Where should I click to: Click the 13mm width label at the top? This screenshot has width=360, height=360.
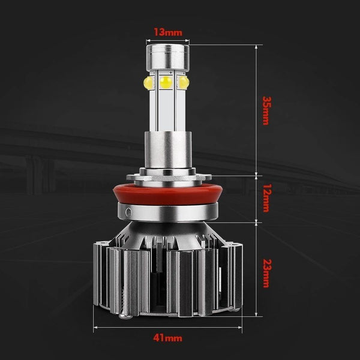167,32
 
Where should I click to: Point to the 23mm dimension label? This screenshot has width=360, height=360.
265,272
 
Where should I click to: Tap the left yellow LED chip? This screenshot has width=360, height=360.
148,82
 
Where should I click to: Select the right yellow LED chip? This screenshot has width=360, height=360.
184,82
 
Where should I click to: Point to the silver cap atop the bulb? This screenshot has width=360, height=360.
166,57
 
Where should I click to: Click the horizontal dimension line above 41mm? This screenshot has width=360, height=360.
168,328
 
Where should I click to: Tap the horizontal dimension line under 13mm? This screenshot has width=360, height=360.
167,41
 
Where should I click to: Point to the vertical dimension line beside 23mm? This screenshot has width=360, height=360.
257,270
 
